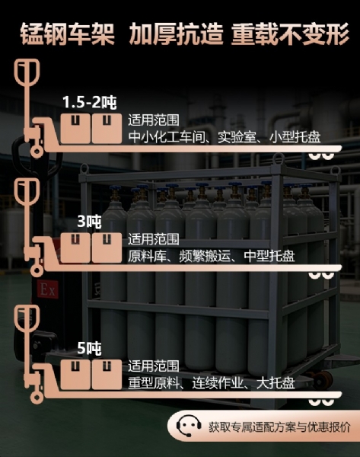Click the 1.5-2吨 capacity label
point(90,102)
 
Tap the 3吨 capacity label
point(89,222)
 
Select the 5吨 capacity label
point(89,348)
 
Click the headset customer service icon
point(189,426)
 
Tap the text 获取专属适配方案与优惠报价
point(279,427)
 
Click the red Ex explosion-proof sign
point(47,289)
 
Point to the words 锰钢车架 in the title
point(67,34)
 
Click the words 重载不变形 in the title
point(290,34)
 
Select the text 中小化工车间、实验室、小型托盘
point(225,137)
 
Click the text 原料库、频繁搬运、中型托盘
point(212,256)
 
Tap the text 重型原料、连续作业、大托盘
point(212,383)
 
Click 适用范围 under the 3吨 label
point(154,239)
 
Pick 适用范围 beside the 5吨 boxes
point(154,366)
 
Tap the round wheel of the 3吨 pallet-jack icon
point(37,270)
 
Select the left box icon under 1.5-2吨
point(75,129)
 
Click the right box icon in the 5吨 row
point(107,375)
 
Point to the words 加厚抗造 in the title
point(177,34)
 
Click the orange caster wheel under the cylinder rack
point(323,379)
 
